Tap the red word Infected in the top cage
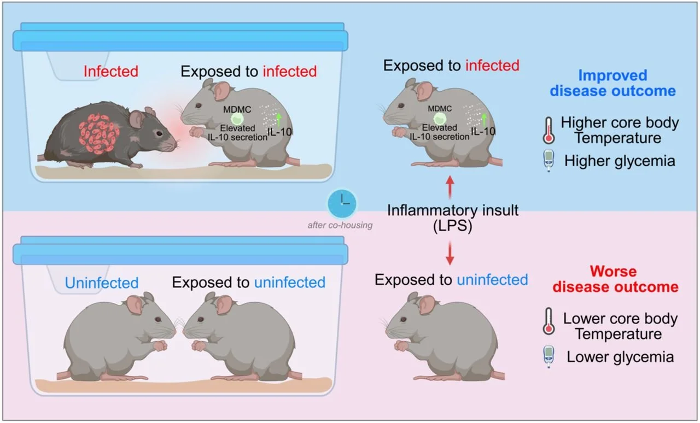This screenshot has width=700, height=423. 110,71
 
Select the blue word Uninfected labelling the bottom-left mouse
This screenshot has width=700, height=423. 102,283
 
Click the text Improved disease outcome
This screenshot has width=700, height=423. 612,83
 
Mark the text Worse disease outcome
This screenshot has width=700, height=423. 613,279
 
